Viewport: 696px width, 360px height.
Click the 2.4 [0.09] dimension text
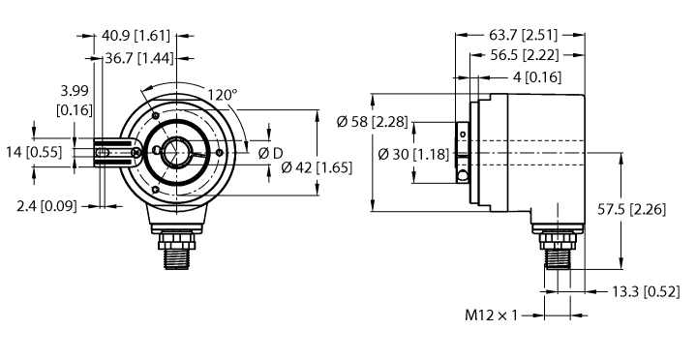point(54,205)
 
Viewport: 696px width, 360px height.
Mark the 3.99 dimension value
point(76,90)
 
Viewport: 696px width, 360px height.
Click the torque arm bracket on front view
point(118,154)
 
